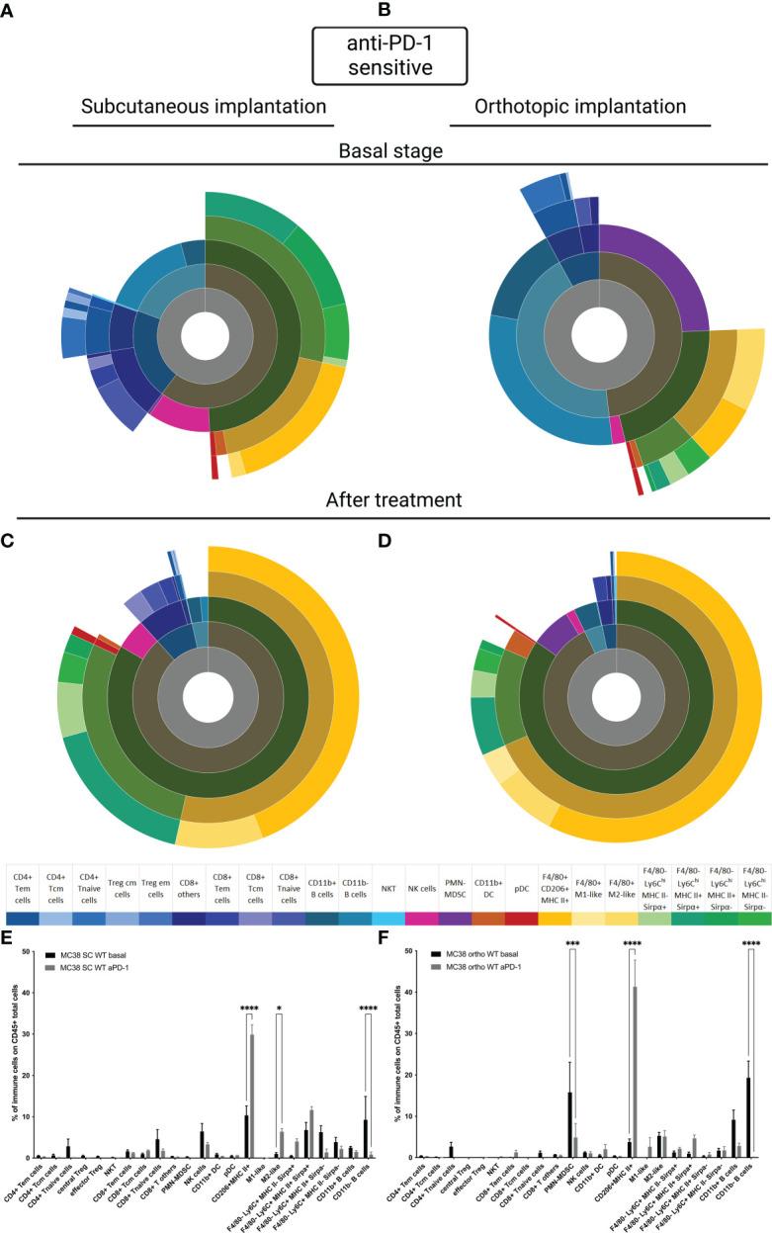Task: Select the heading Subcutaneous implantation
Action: pos(203,107)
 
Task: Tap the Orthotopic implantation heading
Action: pos(580,107)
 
